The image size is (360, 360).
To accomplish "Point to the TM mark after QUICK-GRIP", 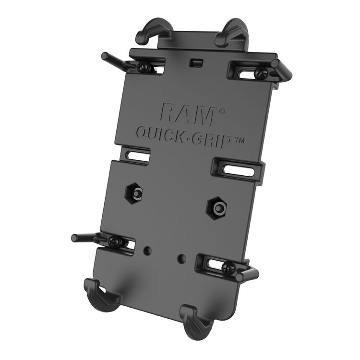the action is coord(238,140).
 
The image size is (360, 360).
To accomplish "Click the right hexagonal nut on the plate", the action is coord(217,208).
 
